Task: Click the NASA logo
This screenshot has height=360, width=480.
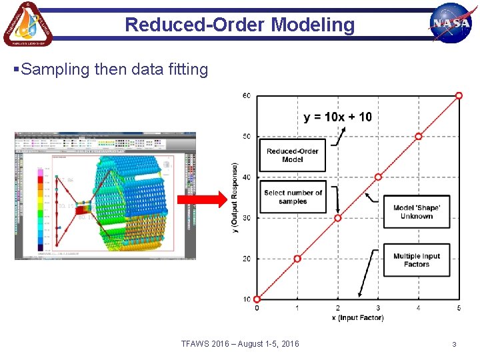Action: click(451, 22)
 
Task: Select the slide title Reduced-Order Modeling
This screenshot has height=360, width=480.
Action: click(240, 25)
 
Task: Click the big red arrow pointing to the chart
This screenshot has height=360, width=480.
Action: click(202, 199)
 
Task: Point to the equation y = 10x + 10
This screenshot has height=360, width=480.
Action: click(337, 117)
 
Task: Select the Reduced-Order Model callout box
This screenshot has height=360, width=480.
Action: click(293, 155)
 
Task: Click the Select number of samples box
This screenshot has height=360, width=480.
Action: click(293, 197)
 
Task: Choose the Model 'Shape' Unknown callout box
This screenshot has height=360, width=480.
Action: click(417, 212)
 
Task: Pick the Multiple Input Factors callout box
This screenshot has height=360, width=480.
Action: click(417, 260)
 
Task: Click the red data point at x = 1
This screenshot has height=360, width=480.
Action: click(297, 259)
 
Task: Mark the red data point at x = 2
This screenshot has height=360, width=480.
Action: click(338, 218)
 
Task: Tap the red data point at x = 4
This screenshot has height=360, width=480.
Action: click(419, 137)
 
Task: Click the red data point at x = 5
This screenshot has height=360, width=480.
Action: click(459, 96)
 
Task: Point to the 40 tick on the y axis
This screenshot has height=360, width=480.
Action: click(246, 177)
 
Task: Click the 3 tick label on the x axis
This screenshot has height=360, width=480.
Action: click(378, 308)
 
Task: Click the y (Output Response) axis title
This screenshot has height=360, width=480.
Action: click(235, 197)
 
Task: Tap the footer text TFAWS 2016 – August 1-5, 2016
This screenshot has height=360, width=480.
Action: click(240, 344)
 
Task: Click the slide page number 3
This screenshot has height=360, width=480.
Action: click(454, 345)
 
